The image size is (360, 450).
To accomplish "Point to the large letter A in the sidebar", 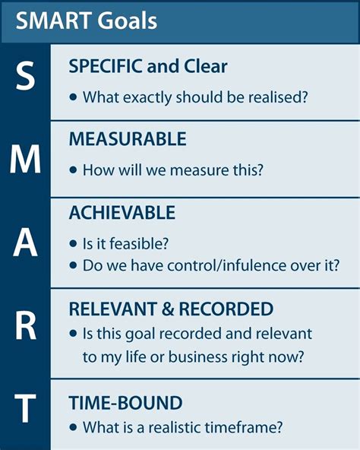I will pyautogui.click(x=25, y=243).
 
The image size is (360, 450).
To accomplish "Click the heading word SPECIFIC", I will pyautogui.click(x=107, y=66).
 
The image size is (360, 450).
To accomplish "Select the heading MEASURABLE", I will pyautogui.click(x=127, y=139).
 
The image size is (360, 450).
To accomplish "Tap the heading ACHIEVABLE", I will pyautogui.click(x=122, y=212).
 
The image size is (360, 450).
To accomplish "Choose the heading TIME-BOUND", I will pyautogui.click(x=125, y=402).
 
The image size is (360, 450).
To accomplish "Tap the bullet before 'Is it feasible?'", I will pyautogui.click(x=74, y=245).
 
